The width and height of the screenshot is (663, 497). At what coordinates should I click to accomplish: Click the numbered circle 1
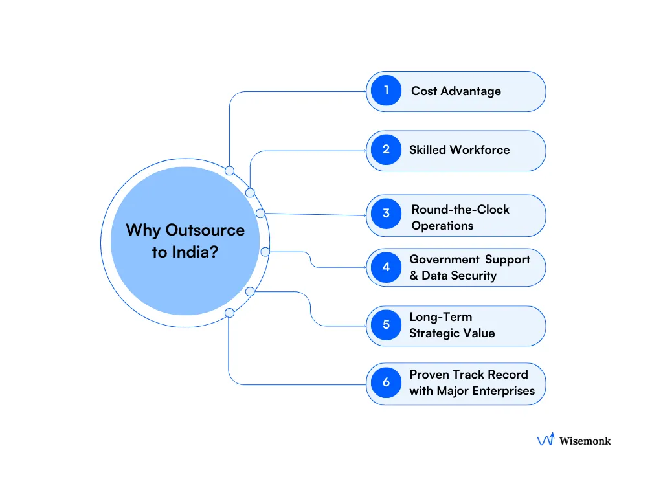tap(387, 91)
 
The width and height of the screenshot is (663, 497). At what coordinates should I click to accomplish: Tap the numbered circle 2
tap(387, 149)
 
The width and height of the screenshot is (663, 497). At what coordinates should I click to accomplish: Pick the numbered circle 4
tap(387, 267)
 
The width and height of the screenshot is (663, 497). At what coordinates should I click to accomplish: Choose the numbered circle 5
tap(387, 325)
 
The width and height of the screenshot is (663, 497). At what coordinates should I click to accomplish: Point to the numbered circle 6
tap(387, 382)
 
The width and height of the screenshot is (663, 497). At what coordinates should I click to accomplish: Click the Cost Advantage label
tap(456, 91)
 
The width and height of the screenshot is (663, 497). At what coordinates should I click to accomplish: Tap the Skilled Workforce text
tap(459, 150)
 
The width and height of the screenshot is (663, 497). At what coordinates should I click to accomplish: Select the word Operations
tap(442, 226)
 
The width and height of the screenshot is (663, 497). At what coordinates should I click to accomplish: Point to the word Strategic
tap(434, 333)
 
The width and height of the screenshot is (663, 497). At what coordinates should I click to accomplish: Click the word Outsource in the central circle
tap(205, 230)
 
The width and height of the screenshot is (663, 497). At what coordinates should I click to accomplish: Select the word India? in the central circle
tap(194, 252)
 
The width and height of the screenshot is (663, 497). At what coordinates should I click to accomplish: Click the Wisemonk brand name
tap(585, 441)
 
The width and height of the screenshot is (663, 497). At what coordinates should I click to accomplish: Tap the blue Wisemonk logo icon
tap(546, 440)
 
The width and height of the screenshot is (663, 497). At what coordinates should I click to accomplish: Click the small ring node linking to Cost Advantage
tap(229, 171)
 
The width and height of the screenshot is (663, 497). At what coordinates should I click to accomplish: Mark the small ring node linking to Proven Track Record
tap(229, 313)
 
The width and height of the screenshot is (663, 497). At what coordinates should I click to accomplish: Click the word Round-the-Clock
tap(460, 210)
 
